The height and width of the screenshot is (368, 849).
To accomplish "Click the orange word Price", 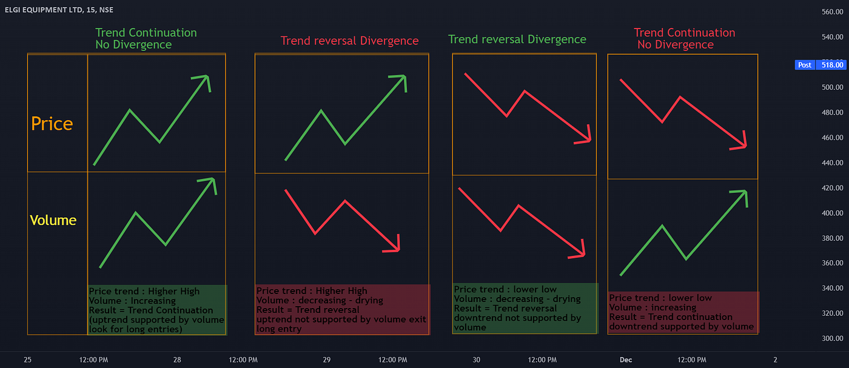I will (x=52, y=124).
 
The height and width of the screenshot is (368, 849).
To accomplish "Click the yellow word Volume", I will (x=53, y=220).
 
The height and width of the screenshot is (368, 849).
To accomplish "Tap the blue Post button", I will (x=805, y=65).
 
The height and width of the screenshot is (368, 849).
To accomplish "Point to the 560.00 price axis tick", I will (x=832, y=12).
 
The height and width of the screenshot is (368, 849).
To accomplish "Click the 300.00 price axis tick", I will (x=832, y=338).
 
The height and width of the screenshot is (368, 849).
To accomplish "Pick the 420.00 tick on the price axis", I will (x=832, y=188).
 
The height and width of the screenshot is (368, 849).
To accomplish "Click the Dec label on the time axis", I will (x=626, y=360).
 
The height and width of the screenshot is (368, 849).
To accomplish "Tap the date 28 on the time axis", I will (x=177, y=360).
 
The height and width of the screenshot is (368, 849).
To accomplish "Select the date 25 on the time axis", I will (x=27, y=360).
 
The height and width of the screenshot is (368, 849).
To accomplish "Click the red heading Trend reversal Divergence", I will (x=349, y=41).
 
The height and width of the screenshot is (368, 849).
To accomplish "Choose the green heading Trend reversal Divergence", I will (x=517, y=39).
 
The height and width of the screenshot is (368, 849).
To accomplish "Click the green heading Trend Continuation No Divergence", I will (x=146, y=38).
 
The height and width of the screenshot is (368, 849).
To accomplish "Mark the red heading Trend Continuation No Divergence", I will (x=684, y=38).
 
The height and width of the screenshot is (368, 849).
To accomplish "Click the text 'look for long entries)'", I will (x=135, y=329).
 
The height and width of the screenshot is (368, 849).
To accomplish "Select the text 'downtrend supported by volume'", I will (x=682, y=327).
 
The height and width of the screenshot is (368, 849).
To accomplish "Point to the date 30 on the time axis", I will (x=477, y=360).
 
